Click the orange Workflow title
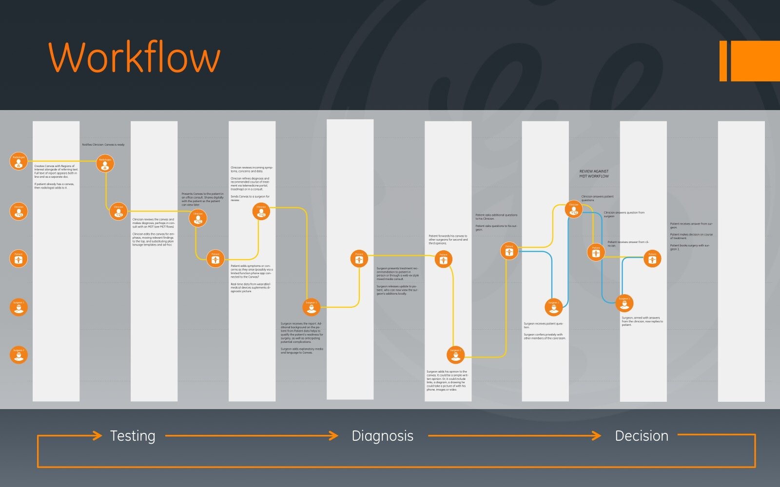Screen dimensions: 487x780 click(135, 57)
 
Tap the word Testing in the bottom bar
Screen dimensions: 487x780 click(133, 436)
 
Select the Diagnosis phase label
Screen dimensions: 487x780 click(382, 436)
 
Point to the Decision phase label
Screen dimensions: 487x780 click(642, 436)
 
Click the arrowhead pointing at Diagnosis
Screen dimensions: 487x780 click(334, 435)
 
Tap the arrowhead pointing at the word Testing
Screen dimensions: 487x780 click(97, 435)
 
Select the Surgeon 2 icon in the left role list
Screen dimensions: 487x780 click(19, 355)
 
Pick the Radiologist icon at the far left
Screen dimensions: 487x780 click(19, 161)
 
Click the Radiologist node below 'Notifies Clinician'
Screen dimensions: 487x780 click(105, 164)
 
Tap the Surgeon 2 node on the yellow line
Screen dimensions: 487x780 click(455, 355)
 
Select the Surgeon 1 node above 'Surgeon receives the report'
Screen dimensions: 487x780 click(311, 307)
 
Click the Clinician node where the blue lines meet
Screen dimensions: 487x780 click(574, 209)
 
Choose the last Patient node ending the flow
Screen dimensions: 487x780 click(652, 259)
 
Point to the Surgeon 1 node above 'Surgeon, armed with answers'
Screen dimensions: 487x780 click(624, 303)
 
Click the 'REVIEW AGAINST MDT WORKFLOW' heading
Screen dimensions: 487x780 click(594, 174)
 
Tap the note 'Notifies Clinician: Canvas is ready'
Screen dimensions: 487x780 click(103, 145)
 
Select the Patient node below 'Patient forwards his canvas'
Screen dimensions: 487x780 click(443, 259)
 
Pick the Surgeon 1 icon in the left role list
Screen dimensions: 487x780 click(19, 307)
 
